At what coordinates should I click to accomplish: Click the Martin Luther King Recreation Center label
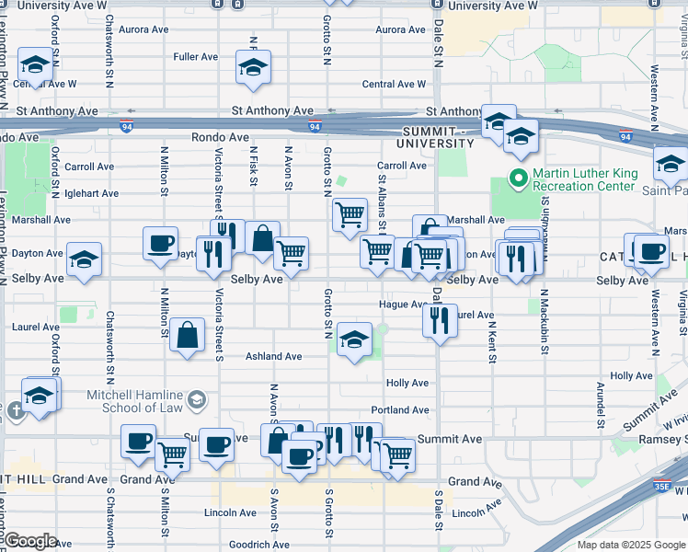tap(585, 179)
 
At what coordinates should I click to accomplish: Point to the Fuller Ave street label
tap(195, 57)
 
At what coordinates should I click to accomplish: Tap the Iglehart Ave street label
tap(92, 193)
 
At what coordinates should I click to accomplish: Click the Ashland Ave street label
tap(273, 356)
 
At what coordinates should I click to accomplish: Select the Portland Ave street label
tap(400, 410)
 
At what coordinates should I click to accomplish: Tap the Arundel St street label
tap(600, 405)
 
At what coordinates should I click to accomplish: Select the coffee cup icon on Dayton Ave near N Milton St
tap(161, 244)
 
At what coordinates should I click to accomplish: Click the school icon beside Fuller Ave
tap(253, 67)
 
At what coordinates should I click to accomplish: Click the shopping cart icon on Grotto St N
tap(350, 215)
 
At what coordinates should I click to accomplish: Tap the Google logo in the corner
tap(30, 541)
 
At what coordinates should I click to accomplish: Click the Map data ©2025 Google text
tap(630, 545)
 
